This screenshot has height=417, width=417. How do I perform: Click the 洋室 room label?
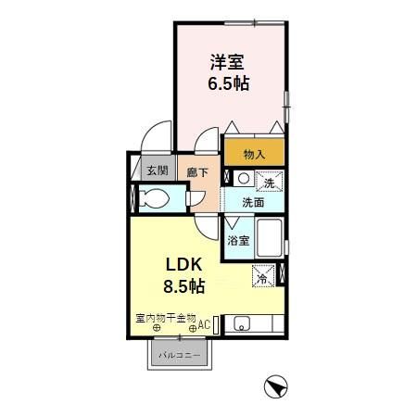(x=227, y=62)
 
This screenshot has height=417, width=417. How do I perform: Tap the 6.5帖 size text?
(x=229, y=83)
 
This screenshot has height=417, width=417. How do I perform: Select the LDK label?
(x=184, y=264)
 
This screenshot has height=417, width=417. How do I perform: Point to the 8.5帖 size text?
(x=184, y=286)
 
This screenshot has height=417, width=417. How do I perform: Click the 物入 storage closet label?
(x=254, y=154)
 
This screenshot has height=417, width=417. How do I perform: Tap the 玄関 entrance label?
(x=158, y=171)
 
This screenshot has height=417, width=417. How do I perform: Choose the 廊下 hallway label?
(x=197, y=172)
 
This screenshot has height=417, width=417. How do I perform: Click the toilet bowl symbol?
(x=154, y=198)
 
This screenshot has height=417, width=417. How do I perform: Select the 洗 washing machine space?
(x=270, y=182)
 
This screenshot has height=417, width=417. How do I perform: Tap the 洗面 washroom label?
(x=253, y=203)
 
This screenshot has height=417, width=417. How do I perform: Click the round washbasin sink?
(x=244, y=179)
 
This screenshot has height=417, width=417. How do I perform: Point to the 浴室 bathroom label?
(x=238, y=241)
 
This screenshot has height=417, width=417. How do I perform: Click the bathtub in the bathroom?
(x=270, y=238)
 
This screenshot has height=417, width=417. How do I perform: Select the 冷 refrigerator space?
(x=263, y=276)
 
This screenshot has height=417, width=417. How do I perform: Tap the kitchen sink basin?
(x=242, y=323)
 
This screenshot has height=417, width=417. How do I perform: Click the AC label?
(x=204, y=324)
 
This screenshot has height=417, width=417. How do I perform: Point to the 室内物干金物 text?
(x=166, y=318)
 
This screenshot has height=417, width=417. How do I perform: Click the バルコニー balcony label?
(x=180, y=355)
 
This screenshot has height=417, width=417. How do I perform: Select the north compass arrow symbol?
(x=276, y=386)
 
